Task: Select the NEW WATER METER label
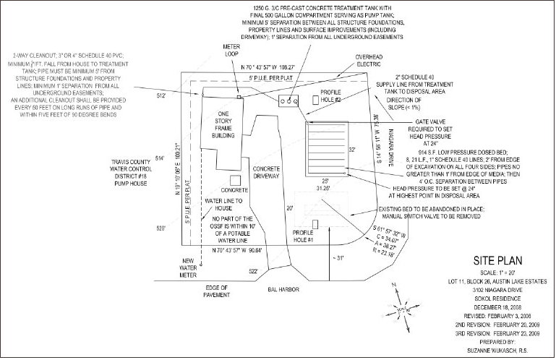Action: (189, 267)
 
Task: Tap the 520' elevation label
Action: (161, 228)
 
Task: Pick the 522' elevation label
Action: (254, 272)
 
